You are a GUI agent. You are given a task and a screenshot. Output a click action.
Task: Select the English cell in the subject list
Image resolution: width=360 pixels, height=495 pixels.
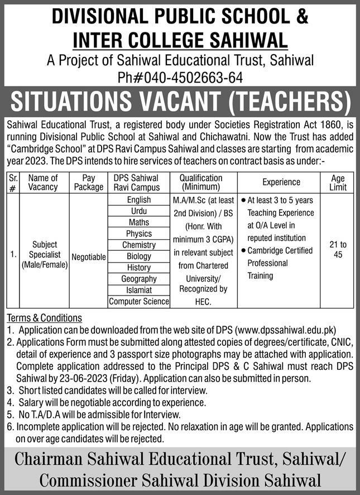[x=139, y=200]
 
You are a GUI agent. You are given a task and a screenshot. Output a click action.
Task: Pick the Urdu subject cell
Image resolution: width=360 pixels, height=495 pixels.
[x=139, y=211]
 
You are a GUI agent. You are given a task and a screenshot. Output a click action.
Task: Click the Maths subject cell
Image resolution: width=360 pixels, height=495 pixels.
[x=139, y=222]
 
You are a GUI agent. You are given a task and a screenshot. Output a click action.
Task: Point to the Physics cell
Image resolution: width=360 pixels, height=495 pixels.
[x=139, y=234]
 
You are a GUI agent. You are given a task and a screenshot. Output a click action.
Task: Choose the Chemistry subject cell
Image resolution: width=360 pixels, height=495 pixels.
[x=139, y=245]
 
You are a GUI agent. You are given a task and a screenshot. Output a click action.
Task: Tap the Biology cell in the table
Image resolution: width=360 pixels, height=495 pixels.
[x=139, y=256]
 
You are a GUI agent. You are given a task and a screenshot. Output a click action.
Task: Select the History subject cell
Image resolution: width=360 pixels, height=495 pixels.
[x=139, y=268]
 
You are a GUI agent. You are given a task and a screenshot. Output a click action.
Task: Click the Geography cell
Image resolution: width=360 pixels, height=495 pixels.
[x=139, y=279]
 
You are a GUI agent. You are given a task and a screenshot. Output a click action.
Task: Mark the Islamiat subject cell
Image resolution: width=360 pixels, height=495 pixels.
[x=139, y=290]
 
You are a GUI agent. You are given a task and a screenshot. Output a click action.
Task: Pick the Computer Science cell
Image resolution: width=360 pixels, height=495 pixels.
[x=139, y=301]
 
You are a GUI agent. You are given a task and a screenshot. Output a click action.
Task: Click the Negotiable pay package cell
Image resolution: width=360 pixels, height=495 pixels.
[x=89, y=256]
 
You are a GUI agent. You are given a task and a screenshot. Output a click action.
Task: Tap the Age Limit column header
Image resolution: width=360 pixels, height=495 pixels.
[x=338, y=182]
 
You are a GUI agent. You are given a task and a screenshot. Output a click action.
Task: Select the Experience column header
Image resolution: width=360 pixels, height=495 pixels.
[x=281, y=182]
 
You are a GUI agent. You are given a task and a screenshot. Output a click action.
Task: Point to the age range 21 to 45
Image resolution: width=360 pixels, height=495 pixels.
[x=338, y=250]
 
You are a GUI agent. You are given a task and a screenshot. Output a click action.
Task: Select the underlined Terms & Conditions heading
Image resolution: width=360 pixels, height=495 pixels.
[x=44, y=318]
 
